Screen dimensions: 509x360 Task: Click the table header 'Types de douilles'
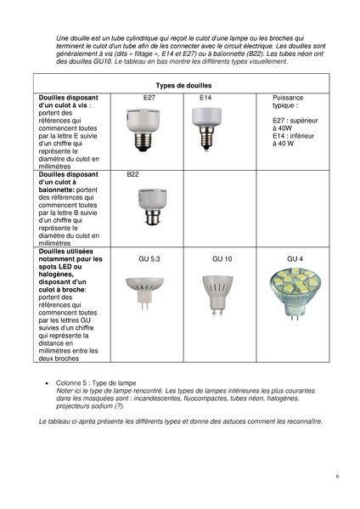coord(184,86)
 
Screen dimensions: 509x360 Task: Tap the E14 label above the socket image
coord(205,99)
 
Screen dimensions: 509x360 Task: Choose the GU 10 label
coord(222,257)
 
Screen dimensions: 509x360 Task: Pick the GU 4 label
coord(295,257)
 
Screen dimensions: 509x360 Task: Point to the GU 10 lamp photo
coord(217,294)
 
